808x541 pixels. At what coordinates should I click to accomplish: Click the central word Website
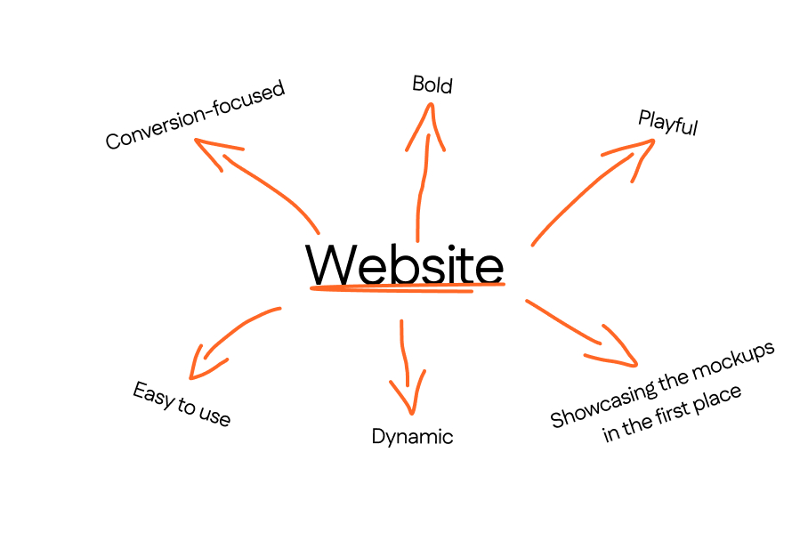(405, 263)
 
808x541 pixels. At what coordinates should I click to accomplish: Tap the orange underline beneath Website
(406, 287)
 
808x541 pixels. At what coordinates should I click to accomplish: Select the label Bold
(432, 85)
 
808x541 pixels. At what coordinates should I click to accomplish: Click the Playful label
(667, 123)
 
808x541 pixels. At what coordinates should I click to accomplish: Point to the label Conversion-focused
(195, 115)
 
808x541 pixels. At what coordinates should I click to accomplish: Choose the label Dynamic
(412, 437)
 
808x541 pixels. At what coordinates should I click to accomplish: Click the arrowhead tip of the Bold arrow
(432, 105)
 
